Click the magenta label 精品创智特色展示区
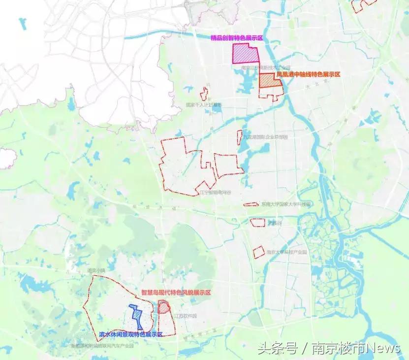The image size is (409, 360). (x=237, y=38)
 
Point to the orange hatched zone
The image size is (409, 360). (x=270, y=81)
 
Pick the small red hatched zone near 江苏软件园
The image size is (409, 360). (x=164, y=307)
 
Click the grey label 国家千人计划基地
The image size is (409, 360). (x=204, y=105)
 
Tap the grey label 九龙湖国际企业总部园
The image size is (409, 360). (x=265, y=137)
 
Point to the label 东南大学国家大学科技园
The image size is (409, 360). (x=286, y=204)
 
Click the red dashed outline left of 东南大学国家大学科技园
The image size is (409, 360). (x=251, y=204)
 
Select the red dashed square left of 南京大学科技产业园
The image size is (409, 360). (x=258, y=253)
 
